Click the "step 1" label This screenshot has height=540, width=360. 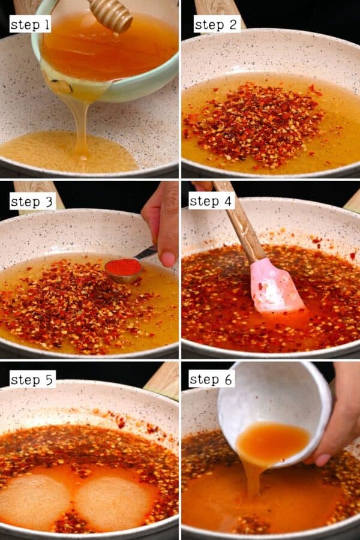pos(30,24)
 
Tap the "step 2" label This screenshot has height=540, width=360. pos(216,24)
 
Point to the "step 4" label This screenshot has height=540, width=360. pos(211,200)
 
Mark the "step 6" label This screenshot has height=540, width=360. pos(211,379)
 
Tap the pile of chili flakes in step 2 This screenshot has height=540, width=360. pos(255,123)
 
